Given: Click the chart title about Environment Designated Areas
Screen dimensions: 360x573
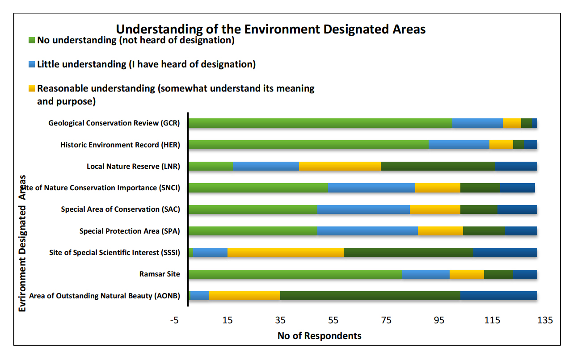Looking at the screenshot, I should coord(270,29).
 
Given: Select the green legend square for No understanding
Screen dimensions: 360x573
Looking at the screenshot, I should coord(31,40).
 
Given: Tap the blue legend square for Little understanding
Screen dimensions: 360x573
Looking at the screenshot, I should coord(31,64).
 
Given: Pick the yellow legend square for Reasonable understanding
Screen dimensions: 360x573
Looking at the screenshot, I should coord(31,88).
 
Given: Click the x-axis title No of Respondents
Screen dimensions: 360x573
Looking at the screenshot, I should coord(319,336).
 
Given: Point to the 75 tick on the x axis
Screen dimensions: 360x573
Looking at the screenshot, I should coord(387,320).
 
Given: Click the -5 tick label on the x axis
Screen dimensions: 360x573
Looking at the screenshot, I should coord(174,320).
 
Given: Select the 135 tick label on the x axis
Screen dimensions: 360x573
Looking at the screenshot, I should coord(545,320).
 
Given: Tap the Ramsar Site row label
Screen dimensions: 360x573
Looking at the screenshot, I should coord(160,274).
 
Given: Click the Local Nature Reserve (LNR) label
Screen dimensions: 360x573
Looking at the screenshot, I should coord(133,167).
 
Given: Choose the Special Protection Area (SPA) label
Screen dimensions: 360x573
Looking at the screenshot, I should coord(130,231).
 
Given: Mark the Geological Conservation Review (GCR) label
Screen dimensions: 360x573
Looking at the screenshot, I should coord(114,123).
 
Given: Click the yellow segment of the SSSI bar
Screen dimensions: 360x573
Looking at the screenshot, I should coord(286,253).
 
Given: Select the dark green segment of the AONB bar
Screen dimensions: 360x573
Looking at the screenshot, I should coord(370,296).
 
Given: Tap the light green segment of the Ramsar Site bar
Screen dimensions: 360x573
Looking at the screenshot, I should coord(295,274).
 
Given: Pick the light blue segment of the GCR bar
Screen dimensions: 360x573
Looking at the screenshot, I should coord(477,123).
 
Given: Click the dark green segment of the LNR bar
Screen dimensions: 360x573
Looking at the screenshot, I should coord(438,166).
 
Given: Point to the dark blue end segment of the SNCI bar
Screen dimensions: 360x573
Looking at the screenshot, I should coord(517,188).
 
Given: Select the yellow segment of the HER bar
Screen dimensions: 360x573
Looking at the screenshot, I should coord(501,145).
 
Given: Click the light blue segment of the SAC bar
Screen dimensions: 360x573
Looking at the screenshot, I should coord(363,209).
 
